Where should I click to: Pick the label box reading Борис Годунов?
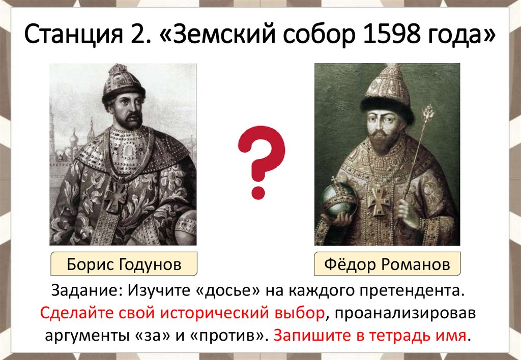pos(124,265)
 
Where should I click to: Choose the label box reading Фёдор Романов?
pos(387,265)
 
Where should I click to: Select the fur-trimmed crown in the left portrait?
pos(122,84)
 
